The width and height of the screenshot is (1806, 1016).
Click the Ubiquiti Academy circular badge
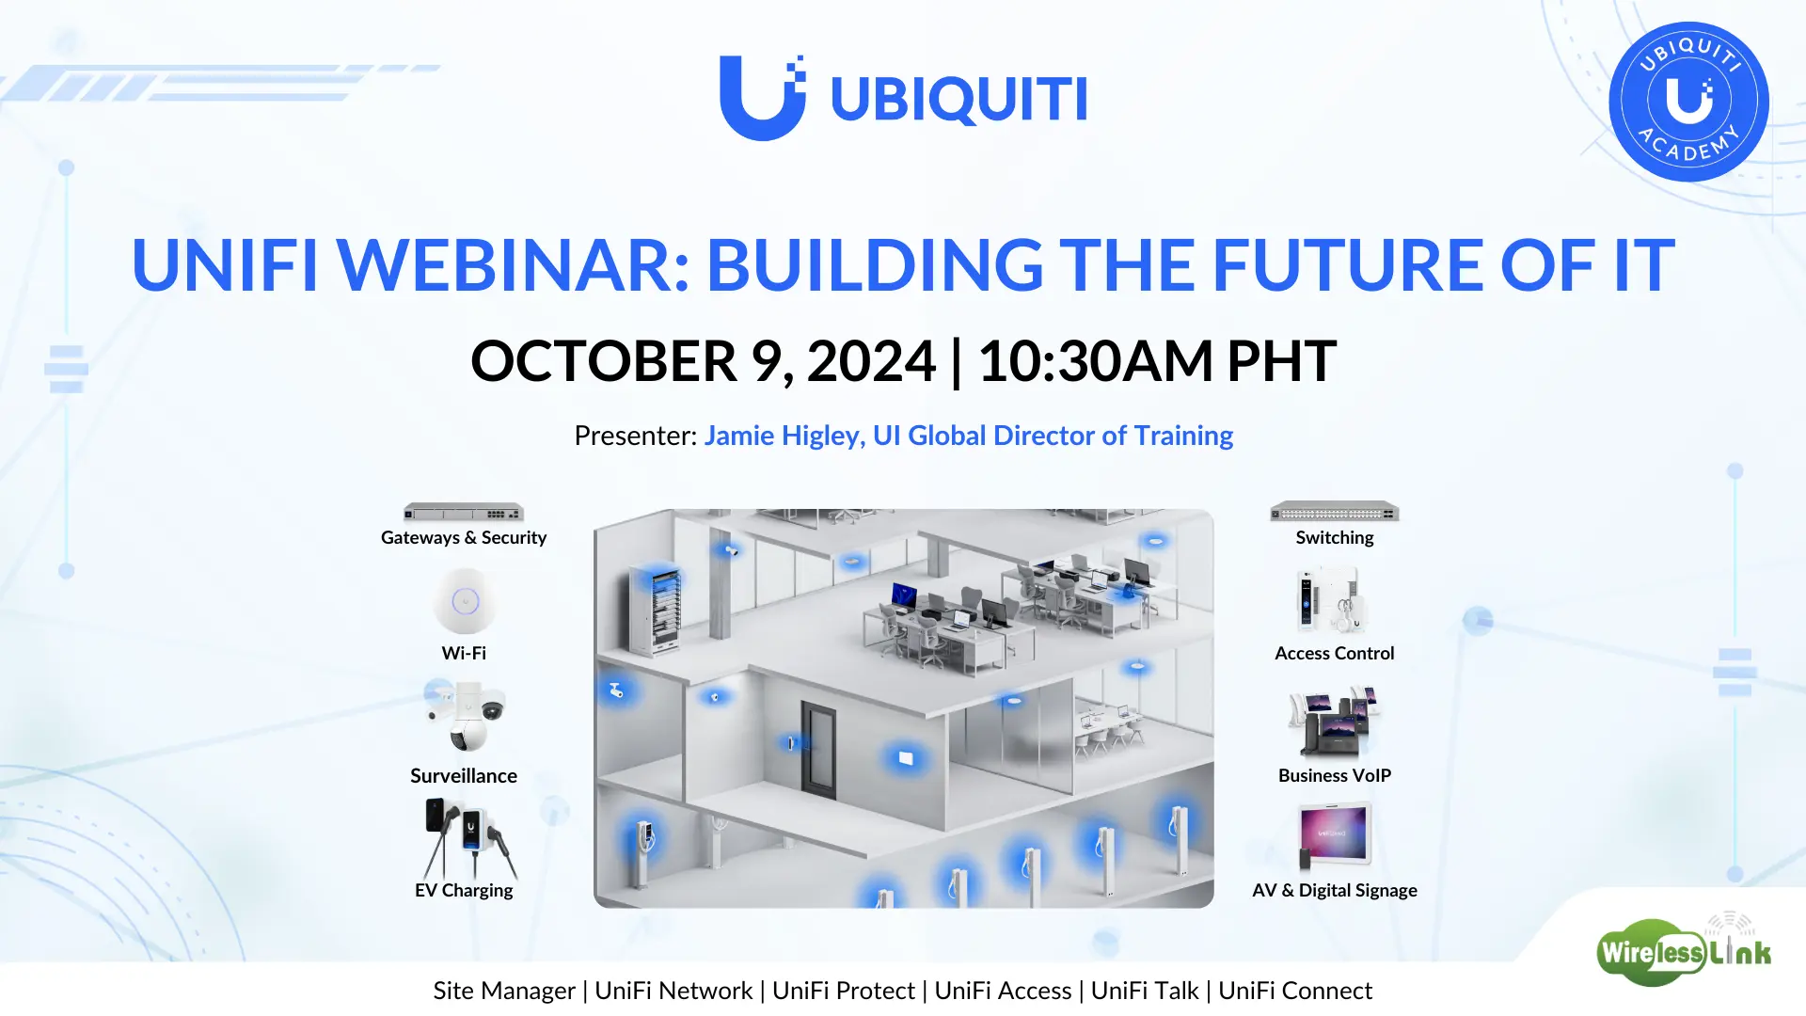pyautogui.click(x=1688, y=102)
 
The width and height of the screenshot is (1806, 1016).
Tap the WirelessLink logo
pyautogui.click(x=1684, y=950)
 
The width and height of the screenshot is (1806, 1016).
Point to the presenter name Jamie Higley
pyautogui.click(x=784, y=436)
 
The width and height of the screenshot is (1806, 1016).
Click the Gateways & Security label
pyautogui.click(x=464, y=537)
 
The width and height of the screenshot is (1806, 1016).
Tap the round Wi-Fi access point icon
pyautogui.click(x=466, y=601)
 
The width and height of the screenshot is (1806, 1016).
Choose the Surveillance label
pyautogui.click(x=464, y=775)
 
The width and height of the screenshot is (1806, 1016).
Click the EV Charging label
pyautogui.click(x=464, y=890)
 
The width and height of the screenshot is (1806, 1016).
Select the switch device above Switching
pyautogui.click(x=1335, y=512)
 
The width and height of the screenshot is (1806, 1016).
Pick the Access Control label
pyautogui.click(x=1335, y=653)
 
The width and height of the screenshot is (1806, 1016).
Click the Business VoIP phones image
pyautogui.click(x=1335, y=722)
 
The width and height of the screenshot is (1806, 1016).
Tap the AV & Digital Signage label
pyautogui.click(x=1335, y=890)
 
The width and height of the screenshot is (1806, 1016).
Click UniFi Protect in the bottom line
pyautogui.click(x=844, y=991)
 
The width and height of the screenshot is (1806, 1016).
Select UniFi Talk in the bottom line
pyautogui.click(x=1145, y=991)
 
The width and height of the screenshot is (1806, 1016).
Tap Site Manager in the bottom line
pyautogui.click(x=504, y=991)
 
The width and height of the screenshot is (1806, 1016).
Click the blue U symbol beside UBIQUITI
pyautogui.click(x=763, y=98)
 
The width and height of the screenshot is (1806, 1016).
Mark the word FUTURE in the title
pyautogui.click(x=1349, y=264)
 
